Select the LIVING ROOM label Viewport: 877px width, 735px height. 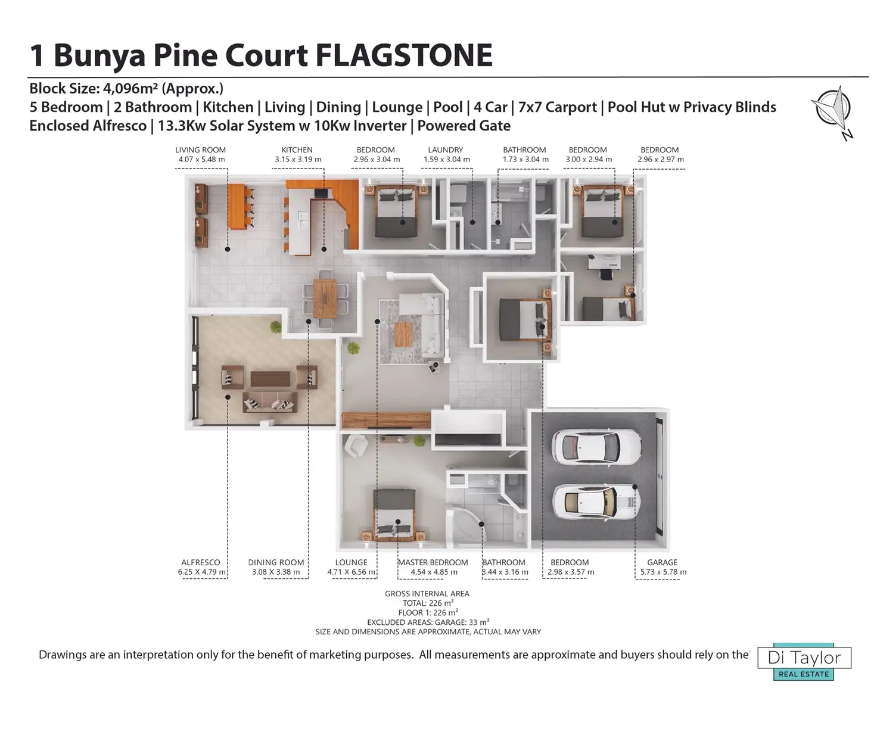pyautogui.click(x=200, y=150)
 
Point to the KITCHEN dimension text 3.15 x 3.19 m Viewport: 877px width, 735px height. pyautogui.click(x=298, y=160)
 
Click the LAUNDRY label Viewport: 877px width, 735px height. pyautogui.click(x=445, y=150)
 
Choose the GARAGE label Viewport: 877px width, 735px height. pyautogui.click(x=662, y=562)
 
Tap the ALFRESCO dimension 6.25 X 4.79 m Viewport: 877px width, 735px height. pyautogui.click(x=202, y=572)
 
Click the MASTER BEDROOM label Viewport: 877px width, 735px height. pyautogui.click(x=433, y=562)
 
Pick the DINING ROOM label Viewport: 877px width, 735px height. pyautogui.click(x=275, y=562)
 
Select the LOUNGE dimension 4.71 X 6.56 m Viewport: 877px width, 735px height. pyautogui.click(x=351, y=572)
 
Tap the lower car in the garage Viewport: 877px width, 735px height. pyautogui.click(x=596, y=502)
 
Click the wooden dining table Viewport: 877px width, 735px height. pyautogui.click(x=325, y=298)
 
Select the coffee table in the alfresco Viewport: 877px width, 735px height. pyautogui.click(x=270, y=379)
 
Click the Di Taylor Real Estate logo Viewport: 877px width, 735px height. pyautogui.click(x=804, y=662)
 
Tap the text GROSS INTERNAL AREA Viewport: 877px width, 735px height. pyautogui.click(x=427, y=594)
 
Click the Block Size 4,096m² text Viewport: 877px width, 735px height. pyautogui.click(x=126, y=89)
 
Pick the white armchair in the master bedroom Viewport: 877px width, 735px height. pyautogui.click(x=356, y=446)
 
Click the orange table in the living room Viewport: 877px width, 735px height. pyautogui.click(x=237, y=206)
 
